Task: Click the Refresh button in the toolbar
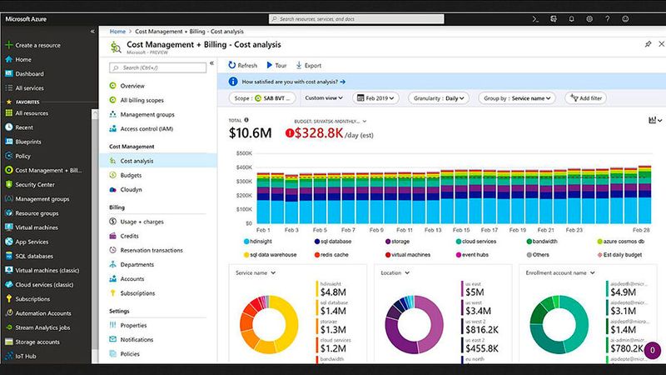click(242, 65)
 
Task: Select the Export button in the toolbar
click(308, 65)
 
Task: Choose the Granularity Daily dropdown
click(438, 97)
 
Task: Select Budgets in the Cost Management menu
click(131, 175)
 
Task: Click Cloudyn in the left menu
click(132, 189)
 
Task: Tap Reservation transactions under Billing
click(151, 250)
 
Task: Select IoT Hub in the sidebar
click(27, 355)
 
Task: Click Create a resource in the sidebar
click(38, 45)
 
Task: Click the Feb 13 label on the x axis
click(433, 230)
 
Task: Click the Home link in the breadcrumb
click(117, 31)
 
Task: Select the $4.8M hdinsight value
click(335, 292)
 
